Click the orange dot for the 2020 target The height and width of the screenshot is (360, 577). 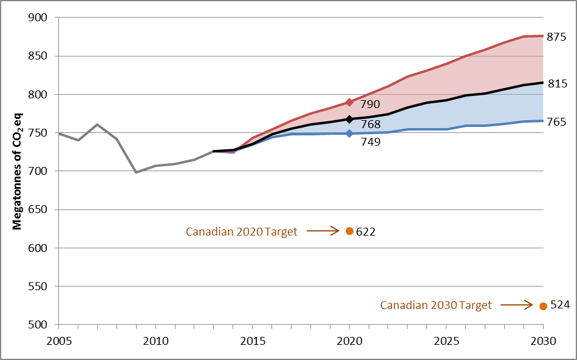349,231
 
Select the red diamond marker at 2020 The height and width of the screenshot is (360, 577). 349,102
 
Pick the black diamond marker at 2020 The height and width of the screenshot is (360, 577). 349,120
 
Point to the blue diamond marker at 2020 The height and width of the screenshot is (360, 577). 349,133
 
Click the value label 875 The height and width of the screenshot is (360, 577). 556,36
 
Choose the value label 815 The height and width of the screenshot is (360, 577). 556,84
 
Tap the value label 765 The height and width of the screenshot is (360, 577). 556,122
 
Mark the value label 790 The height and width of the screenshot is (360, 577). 370,104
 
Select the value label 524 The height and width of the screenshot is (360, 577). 559,305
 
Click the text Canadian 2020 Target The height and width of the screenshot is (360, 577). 241,232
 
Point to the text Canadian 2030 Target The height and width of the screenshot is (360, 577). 435,305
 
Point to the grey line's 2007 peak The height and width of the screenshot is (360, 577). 97,124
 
